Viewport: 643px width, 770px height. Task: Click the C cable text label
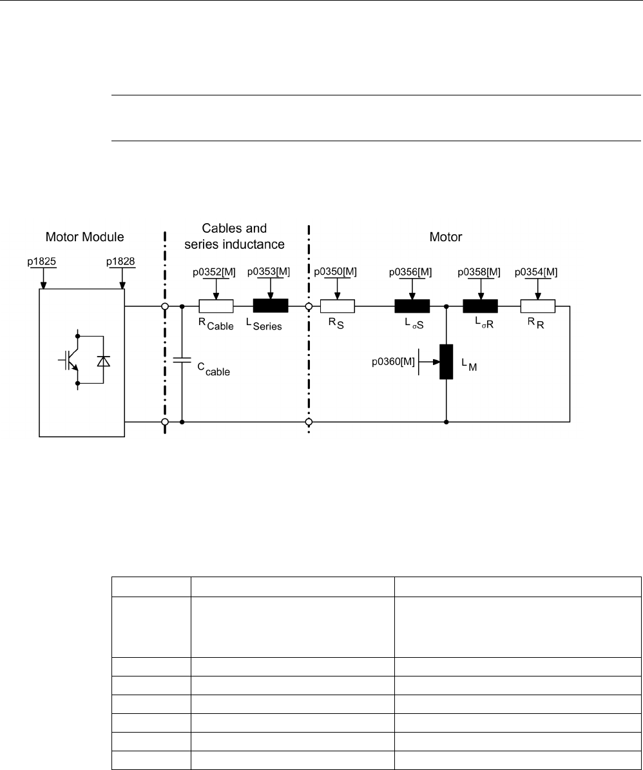click(213, 369)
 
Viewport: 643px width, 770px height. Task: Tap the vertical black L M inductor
click(446, 362)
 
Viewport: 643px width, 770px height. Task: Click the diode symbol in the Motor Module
click(102, 361)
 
